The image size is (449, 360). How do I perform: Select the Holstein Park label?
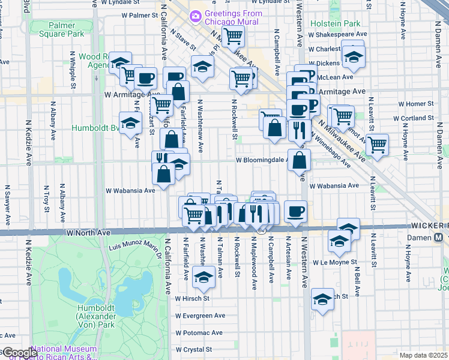pyautogui.click(x=336, y=24)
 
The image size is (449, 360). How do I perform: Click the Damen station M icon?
pyautogui.click(x=439, y=236)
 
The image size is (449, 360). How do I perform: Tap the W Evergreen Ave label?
pyautogui.click(x=200, y=316)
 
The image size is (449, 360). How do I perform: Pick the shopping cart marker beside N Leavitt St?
pyautogui.click(x=377, y=144)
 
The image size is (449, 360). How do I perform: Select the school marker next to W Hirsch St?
pyautogui.click(x=322, y=298)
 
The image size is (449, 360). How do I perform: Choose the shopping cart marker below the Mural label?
pyautogui.click(x=233, y=36)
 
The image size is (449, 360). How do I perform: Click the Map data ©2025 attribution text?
pyautogui.click(x=423, y=355)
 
